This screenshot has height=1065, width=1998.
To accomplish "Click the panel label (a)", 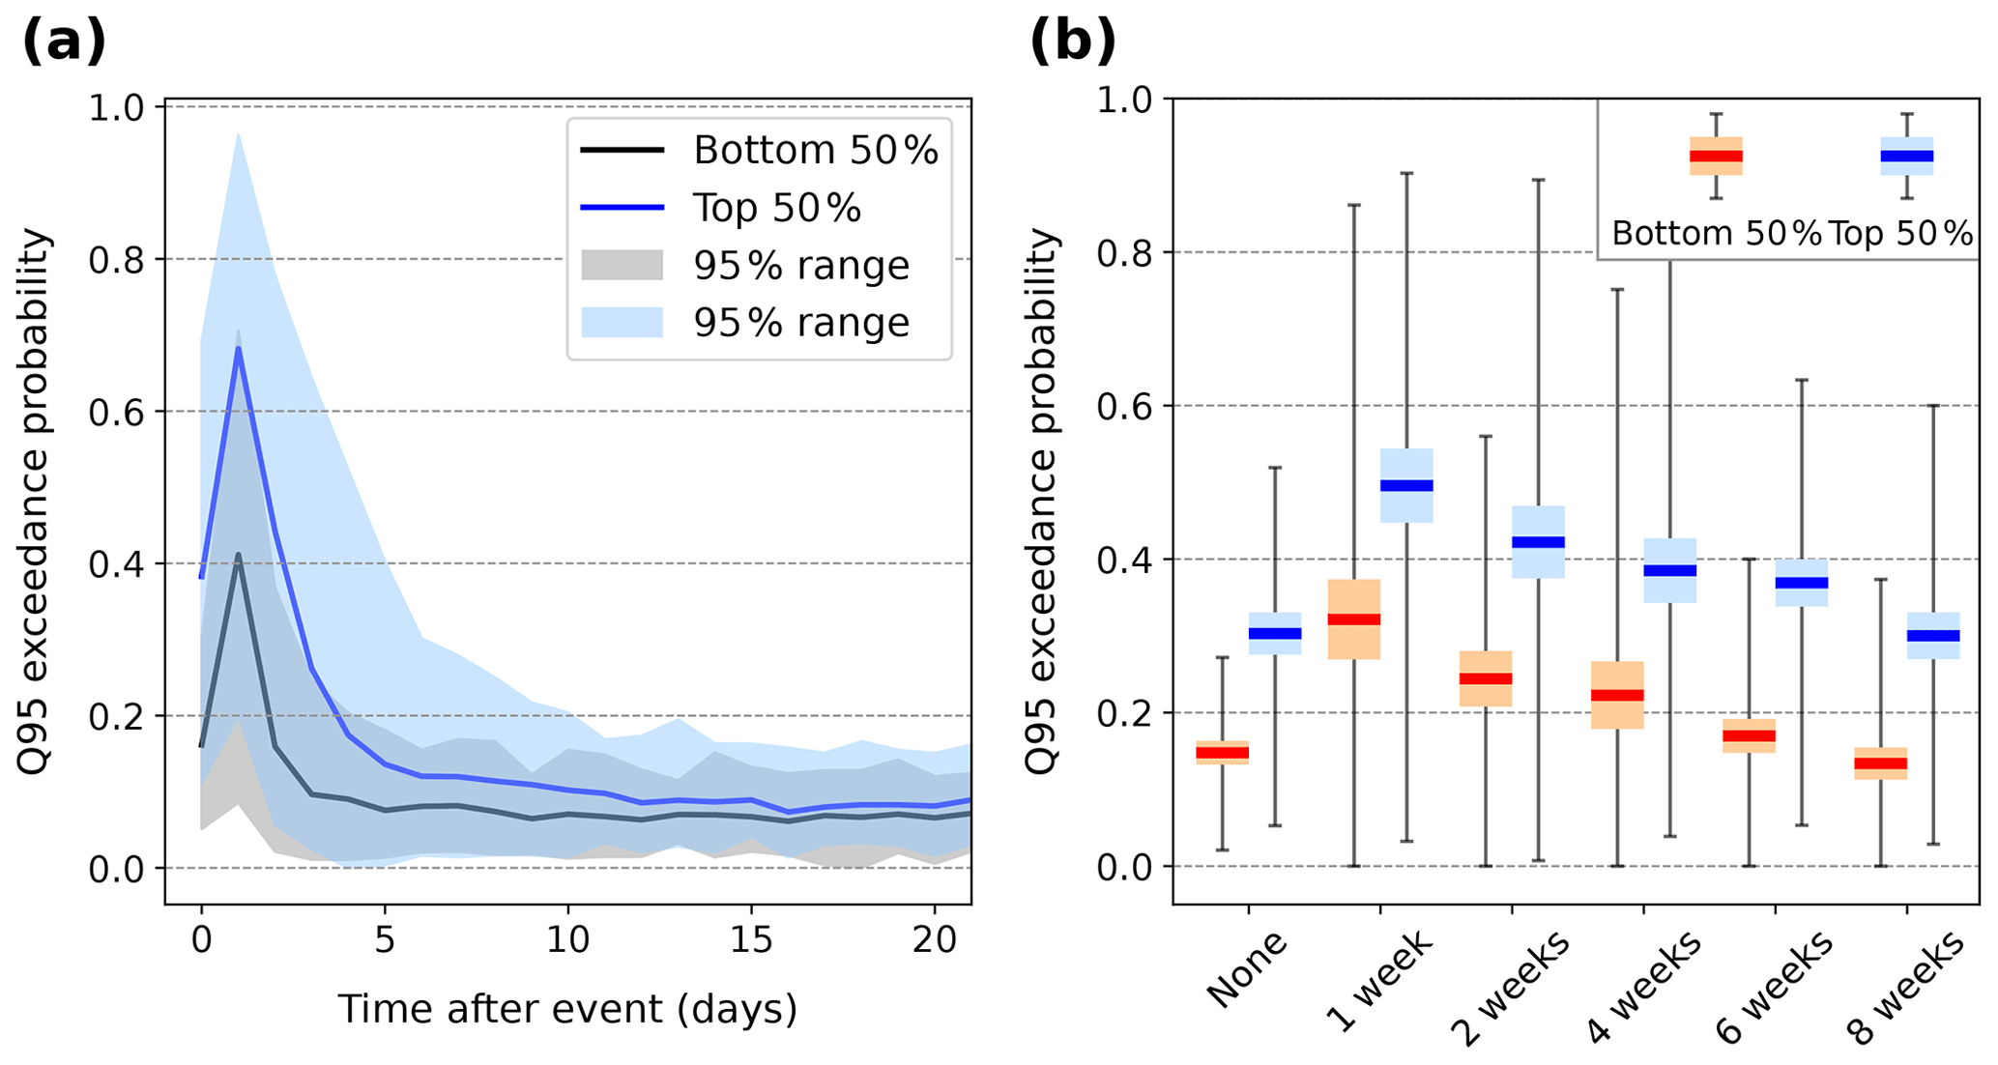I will tap(64, 43).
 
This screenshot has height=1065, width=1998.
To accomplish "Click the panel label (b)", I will tap(1072, 43).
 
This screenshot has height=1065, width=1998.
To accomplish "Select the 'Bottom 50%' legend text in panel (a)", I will tap(815, 151).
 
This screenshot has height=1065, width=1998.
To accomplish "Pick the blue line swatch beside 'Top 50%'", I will tap(622, 208).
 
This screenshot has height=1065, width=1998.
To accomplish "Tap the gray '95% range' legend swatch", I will tap(622, 265).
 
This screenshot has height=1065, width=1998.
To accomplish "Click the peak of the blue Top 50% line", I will tap(238, 348).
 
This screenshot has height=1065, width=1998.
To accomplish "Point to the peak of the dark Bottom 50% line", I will tap(238, 555).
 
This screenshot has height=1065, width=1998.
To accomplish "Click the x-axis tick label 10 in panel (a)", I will tap(567, 939).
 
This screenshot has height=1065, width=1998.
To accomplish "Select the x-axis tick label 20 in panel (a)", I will tap(934, 939).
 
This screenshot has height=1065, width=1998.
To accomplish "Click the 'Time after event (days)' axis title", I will tap(567, 1009).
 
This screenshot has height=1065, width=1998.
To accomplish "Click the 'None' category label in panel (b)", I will tap(1247, 968).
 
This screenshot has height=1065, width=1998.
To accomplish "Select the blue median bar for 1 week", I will tap(1406, 486).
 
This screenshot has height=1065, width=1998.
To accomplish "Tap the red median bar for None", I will tap(1222, 753).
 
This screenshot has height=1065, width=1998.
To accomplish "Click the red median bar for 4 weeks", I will tap(1617, 695).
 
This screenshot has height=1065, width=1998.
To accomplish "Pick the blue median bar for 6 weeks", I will tap(1802, 583).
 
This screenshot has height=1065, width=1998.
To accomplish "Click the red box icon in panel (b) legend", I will tap(1716, 156).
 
